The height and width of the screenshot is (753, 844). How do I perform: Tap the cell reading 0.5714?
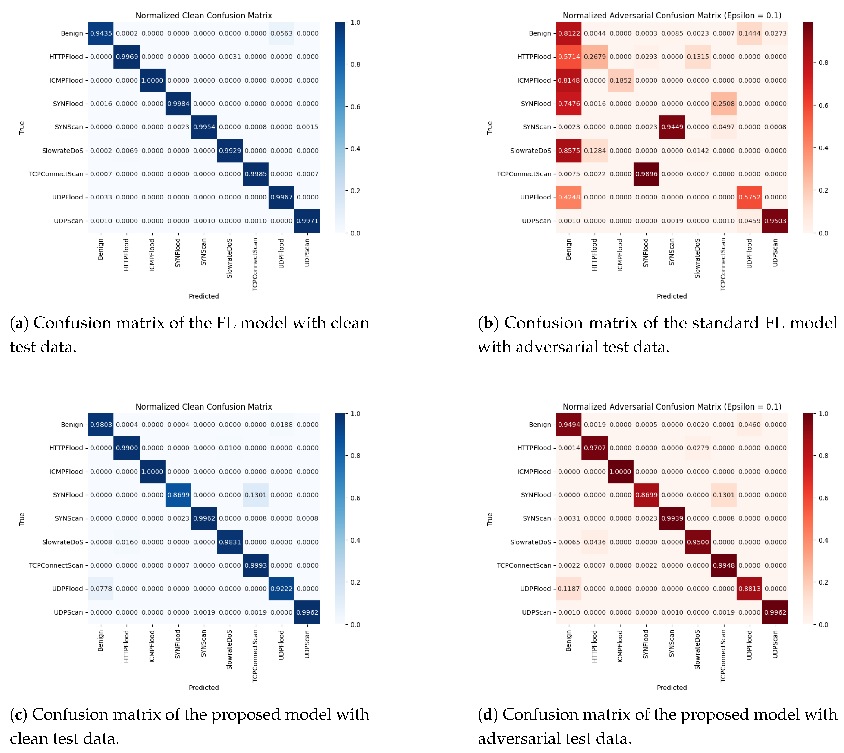coord(569,57)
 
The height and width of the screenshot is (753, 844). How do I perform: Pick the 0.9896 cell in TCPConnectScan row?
coord(646,174)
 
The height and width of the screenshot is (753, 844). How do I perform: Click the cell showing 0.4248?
coord(569,197)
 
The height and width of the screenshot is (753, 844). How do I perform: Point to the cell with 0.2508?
coord(723,104)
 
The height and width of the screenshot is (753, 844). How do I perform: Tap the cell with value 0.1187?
coord(569,589)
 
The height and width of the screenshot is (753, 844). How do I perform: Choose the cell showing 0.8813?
coord(749,589)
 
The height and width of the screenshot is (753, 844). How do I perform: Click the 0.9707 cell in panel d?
coord(594,448)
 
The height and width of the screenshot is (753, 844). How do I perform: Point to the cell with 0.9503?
coord(775,221)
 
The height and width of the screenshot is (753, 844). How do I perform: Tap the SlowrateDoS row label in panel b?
coord(530,151)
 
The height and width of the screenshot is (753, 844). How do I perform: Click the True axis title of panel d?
coord(490,519)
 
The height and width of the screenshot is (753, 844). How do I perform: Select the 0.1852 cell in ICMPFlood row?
coord(620,80)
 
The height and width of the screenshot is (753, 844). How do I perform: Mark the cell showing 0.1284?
coord(594,151)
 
